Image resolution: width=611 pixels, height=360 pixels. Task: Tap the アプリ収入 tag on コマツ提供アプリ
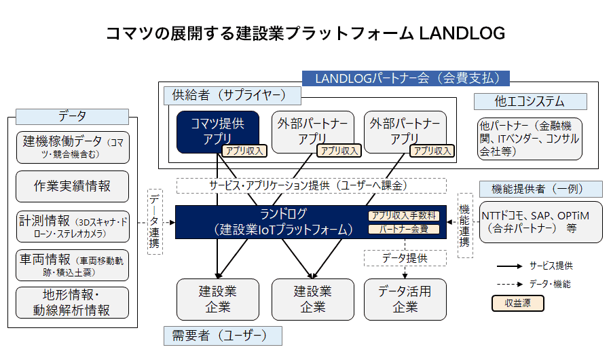coord(244,151)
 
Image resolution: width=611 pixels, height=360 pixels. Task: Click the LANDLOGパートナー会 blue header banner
coord(403,78)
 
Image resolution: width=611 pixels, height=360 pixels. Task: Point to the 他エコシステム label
coord(530,101)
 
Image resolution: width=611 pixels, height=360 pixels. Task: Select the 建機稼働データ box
coord(73,147)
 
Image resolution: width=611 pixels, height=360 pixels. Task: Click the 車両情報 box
coord(73,265)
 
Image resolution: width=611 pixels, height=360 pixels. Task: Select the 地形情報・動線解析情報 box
coord(73,303)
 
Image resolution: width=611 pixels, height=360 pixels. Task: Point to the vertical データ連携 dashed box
coord(155,221)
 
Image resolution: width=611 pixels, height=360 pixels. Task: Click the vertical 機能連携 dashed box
coord(465,224)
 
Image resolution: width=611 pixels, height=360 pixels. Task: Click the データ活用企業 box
coord(405,299)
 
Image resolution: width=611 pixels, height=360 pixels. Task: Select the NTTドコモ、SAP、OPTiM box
coord(541,221)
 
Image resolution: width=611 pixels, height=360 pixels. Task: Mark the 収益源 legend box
coord(517,304)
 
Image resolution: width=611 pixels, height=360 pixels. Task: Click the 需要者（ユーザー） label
coord(222,336)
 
